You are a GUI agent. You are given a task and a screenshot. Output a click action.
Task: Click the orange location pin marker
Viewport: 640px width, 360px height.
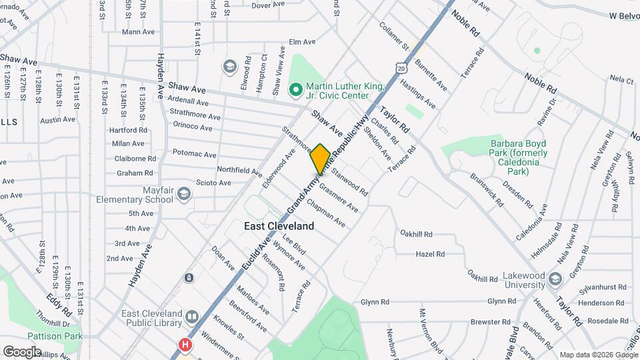pyautogui.click(x=320, y=159)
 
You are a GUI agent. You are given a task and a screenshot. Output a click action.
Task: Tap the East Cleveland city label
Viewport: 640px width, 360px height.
pyautogui.click(x=279, y=226)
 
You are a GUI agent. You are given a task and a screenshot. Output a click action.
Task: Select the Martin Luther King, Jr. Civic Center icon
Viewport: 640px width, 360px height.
pyautogui.click(x=295, y=88)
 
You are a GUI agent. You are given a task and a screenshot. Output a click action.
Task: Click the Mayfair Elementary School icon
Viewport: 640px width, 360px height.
pyautogui.click(x=183, y=194)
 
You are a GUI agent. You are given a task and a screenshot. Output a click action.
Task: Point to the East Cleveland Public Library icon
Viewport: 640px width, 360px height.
pyautogui.click(x=192, y=316)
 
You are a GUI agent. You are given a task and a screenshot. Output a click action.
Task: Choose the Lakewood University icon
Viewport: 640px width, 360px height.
pyautogui.click(x=557, y=277)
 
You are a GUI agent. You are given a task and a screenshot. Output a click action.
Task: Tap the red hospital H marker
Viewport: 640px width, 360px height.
pyautogui.click(x=185, y=345)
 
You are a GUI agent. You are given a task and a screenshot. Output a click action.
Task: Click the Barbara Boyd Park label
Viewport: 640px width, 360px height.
pyautogui.click(x=519, y=157)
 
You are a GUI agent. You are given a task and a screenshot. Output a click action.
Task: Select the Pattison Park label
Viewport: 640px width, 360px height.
pyautogui.click(x=55, y=336)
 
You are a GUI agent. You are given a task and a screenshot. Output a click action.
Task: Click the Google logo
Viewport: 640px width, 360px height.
pyautogui.click(x=22, y=351)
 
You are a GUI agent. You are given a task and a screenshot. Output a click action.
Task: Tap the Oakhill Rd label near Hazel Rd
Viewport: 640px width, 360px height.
pyautogui.click(x=417, y=234)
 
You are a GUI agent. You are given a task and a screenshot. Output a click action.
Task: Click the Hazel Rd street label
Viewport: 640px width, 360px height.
pyautogui.click(x=430, y=254)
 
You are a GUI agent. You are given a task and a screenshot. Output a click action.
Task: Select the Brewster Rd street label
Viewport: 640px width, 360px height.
pyautogui.click(x=490, y=321)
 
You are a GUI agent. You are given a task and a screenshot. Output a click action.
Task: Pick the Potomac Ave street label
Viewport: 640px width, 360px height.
pyautogui.click(x=195, y=154)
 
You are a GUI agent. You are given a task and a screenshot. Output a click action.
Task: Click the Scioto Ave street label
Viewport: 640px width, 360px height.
pyautogui.click(x=214, y=183)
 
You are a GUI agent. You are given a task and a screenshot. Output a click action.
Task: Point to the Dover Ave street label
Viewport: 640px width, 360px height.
pyautogui.click(x=269, y=5)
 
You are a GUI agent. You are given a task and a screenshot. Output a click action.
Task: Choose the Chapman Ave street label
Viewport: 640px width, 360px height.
pyautogui.click(x=327, y=216)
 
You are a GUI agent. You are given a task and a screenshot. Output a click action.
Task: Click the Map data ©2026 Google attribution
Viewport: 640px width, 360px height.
pyautogui.click(x=598, y=355)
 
